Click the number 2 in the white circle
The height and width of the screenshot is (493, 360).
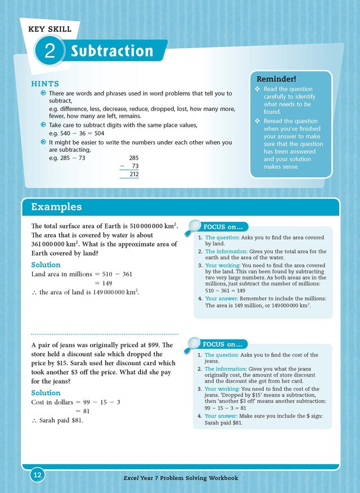pyautogui.click(x=49, y=52)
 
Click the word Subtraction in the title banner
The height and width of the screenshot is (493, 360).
pyautogui.click(x=112, y=51)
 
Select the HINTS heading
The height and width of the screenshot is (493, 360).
pyautogui.click(x=44, y=83)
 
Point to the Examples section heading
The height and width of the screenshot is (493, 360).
pyautogui.click(x=56, y=207)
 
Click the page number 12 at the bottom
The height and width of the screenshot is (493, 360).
pyautogui.click(x=38, y=476)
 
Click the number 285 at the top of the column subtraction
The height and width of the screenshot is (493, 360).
pyautogui.click(x=133, y=158)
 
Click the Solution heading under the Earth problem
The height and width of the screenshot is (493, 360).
pyautogui.click(x=46, y=265)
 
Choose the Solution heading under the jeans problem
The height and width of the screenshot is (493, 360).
pyautogui.click(x=46, y=393)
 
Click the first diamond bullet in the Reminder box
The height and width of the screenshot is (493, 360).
pyautogui.click(x=258, y=89)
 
